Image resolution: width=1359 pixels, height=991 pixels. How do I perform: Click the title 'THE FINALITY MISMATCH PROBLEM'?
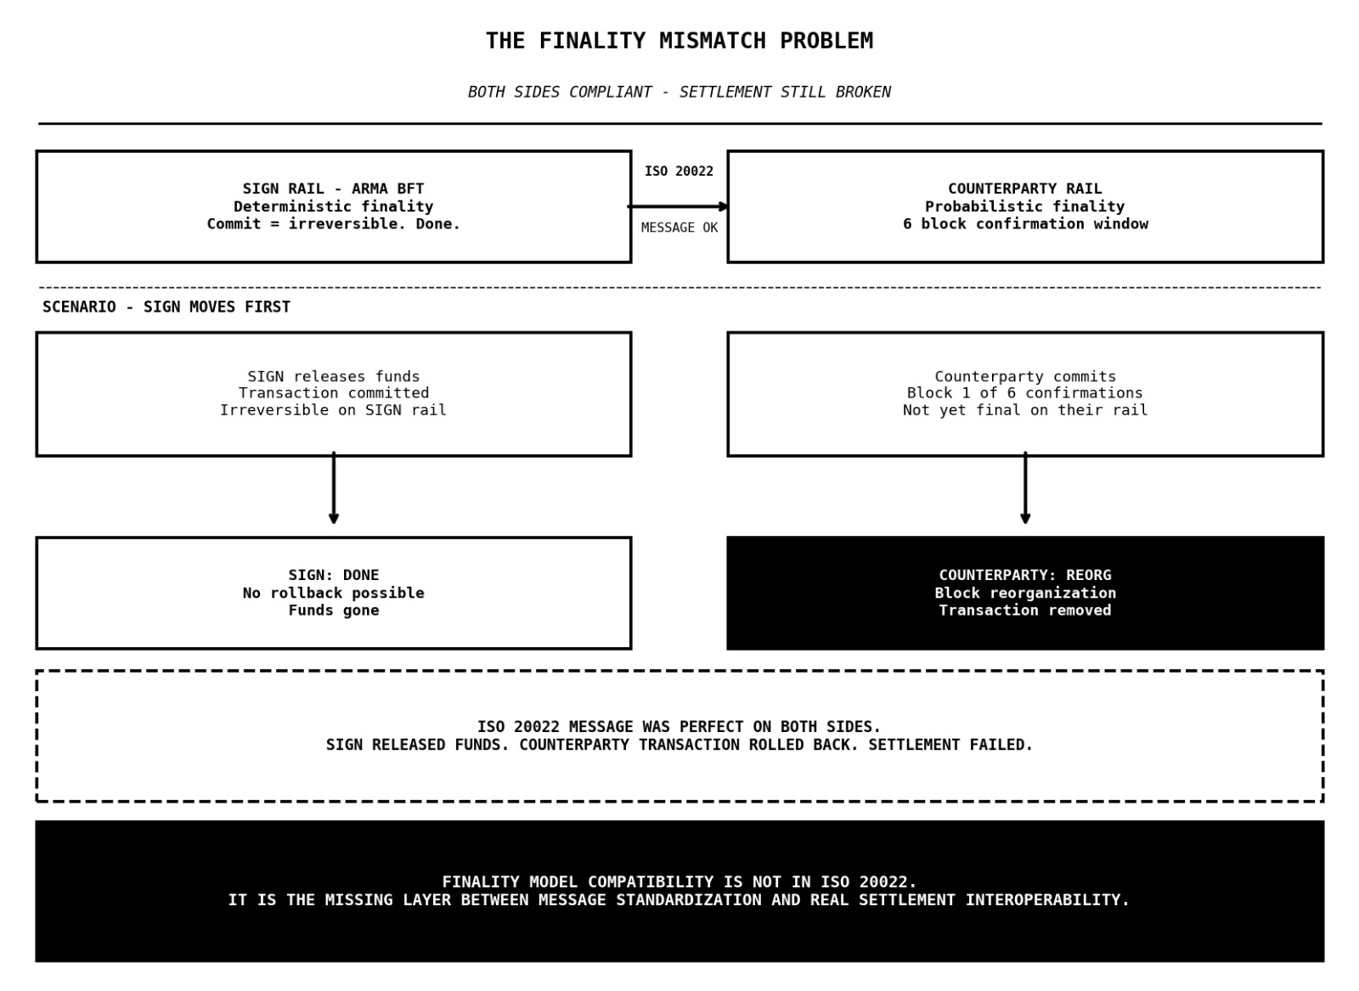pyautogui.click(x=679, y=41)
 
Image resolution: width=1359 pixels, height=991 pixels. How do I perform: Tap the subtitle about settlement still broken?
pyautogui.click(x=679, y=92)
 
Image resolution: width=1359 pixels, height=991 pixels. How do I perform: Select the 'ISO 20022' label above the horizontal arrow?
pyautogui.click(x=679, y=172)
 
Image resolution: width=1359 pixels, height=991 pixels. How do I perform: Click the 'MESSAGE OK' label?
pyautogui.click(x=679, y=228)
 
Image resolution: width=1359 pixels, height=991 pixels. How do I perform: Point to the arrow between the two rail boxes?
pyautogui.click(x=679, y=206)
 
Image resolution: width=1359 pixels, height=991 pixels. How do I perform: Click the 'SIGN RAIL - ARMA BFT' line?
pyautogui.click(x=333, y=189)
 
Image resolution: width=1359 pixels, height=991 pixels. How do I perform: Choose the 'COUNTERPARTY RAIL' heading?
pyautogui.click(x=1024, y=189)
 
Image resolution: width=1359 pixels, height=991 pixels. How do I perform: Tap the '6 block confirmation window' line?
pyautogui.click(x=1024, y=224)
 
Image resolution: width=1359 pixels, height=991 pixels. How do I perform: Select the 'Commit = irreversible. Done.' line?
pyautogui.click(x=333, y=224)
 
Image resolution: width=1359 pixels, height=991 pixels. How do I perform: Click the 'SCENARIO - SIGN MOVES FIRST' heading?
pyautogui.click(x=166, y=307)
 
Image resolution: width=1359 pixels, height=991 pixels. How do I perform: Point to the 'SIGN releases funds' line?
pyautogui.click(x=333, y=376)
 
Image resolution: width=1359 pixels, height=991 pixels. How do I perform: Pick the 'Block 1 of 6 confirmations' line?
pyautogui.click(x=1024, y=393)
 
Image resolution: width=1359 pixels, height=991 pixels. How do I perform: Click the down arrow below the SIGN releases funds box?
pyautogui.click(x=334, y=489)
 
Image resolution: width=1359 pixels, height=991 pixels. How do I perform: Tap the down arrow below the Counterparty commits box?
pyautogui.click(x=1025, y=489)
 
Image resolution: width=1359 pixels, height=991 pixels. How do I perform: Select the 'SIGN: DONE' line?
pyautogui.click(x=333, y=575)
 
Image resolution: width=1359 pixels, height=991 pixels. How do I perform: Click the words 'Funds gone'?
pyautogui.click(x=333, y=611)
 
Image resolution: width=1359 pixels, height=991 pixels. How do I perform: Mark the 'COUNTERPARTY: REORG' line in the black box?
pyautogui.click(x=1024, y=575)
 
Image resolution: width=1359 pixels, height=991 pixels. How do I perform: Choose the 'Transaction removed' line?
pyautogui.click(x=1024, y=611)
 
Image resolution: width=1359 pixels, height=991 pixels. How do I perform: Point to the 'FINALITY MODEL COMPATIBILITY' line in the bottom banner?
pyautogui.click(x=679, y=882)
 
